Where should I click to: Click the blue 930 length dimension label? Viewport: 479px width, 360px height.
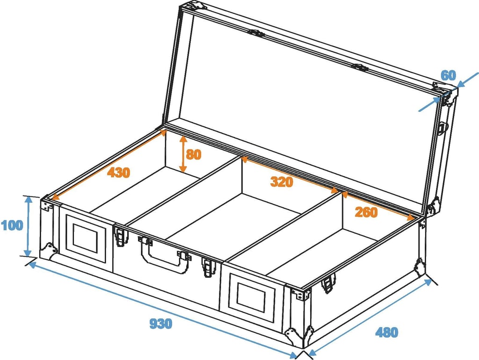point(161,324)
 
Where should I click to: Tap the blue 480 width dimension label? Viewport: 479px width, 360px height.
point(386,332)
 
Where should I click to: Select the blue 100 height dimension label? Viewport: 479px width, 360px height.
point(12,225)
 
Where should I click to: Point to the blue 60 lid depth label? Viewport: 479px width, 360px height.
point(448,75)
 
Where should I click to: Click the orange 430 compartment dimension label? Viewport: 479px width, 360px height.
point(118,173)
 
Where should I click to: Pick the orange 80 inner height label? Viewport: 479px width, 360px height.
point(194,154)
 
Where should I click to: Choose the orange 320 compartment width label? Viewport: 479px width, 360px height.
point(282,182)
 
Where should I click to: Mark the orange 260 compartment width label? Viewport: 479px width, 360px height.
point(366,212)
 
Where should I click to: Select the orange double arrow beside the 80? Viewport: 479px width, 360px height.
point(183,154)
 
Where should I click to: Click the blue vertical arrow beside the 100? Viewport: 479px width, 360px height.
point(28,226)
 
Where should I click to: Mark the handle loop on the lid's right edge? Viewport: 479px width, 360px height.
point(443,128)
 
